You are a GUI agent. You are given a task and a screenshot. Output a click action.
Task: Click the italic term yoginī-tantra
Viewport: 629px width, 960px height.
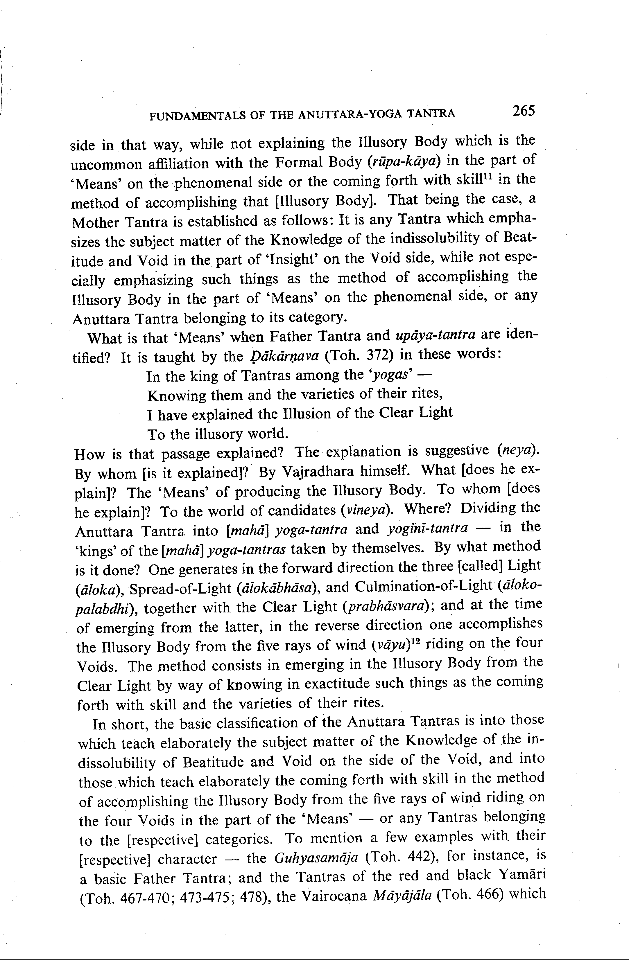click(427, 528)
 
